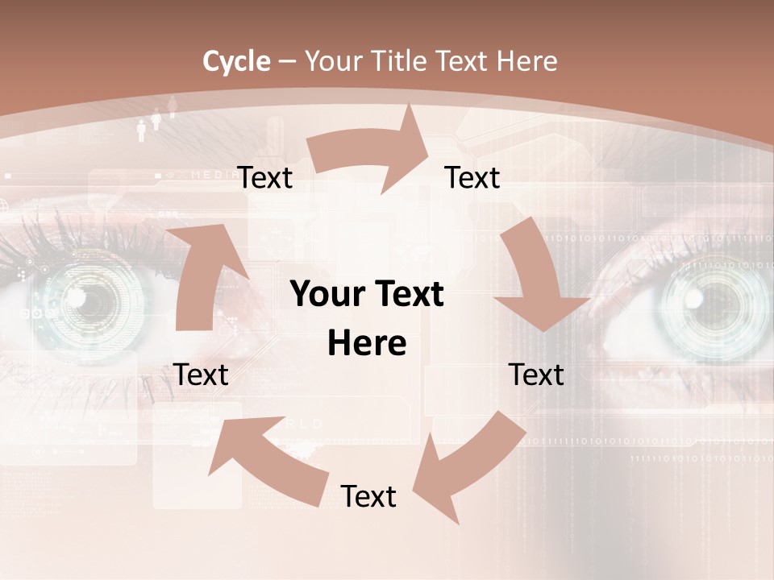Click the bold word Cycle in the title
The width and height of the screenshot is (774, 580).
235,61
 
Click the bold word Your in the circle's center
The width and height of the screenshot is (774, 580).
327,295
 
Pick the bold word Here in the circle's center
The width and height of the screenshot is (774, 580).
367,343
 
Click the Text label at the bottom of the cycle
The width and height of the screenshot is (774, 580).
368,497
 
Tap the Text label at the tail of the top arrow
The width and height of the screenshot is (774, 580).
264,177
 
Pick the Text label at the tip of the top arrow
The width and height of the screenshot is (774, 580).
472,177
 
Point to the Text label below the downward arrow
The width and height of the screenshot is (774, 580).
536,375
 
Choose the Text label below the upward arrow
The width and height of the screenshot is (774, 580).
201,375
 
